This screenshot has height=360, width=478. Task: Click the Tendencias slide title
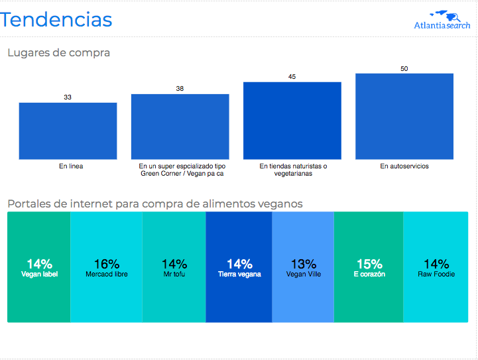56,19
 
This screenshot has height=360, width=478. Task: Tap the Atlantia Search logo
442,20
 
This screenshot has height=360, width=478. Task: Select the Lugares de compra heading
58,53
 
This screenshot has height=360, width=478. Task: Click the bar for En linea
68,131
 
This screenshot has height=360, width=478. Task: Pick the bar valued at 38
180,127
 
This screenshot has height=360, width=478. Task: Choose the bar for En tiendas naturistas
292,121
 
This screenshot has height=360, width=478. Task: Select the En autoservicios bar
404,117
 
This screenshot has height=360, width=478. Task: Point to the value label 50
404,68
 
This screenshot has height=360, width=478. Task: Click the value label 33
68,97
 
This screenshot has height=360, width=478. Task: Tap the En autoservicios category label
404,166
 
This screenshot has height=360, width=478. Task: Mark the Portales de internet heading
155,204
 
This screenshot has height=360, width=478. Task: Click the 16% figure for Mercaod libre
106,264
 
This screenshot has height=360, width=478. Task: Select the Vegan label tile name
39,274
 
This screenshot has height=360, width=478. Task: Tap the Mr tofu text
174,274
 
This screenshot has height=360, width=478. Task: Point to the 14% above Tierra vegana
239,264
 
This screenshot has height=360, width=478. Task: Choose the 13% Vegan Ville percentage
304,264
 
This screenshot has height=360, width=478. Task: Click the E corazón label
369,274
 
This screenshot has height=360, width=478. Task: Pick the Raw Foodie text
436,274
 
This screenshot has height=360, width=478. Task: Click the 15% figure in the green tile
369,264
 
